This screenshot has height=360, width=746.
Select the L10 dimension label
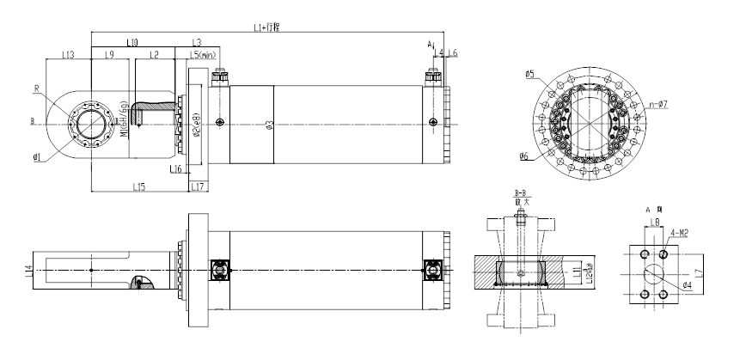pyautogui.click(x=132, y=41)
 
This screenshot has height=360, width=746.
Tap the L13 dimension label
pyautogui.click(x=69, y=55)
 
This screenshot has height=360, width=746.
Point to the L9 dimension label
pyautogui.click(x=110, y=55)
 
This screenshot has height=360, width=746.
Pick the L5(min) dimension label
pyautogui.click(x=201, y=55)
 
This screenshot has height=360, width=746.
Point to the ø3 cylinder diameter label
pyautogui.click(x=269, y=125)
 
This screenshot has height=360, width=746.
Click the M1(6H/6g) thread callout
pyautogui.click(x=127, y=122)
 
